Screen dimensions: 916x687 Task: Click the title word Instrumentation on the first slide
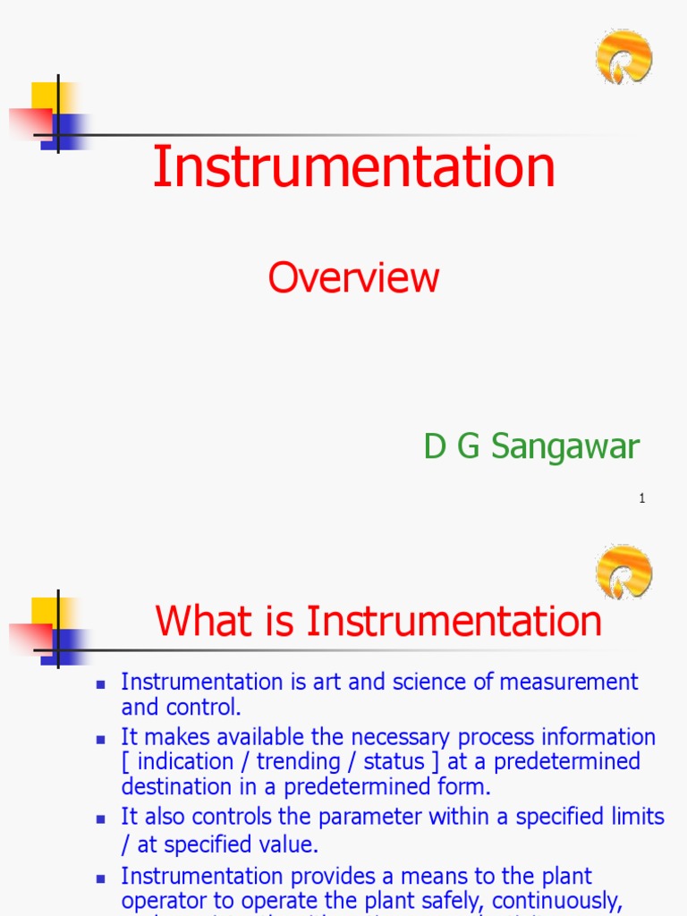[354, 167]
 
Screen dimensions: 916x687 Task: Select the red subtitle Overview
[353, 278]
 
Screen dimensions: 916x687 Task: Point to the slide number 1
[642, 498]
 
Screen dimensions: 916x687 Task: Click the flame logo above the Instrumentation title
[623, 56]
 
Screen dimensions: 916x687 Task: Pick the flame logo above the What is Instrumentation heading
[623, 572]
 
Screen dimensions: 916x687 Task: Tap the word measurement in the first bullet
[569, 682]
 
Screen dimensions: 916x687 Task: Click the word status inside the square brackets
[394, 762]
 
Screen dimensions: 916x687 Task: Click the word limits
[633, 817]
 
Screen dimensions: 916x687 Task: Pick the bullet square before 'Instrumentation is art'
[101, 683]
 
